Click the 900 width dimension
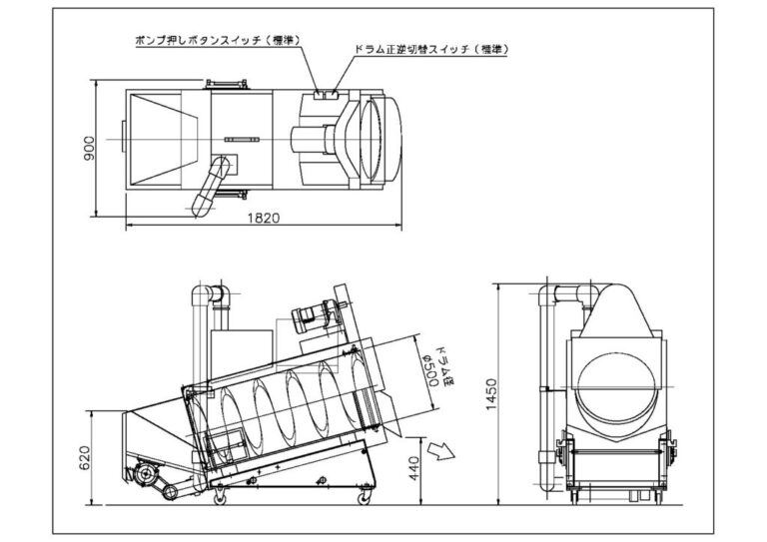point(89,149)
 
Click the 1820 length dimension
point(264,218)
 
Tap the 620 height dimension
point(85,457)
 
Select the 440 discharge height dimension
point(413,468)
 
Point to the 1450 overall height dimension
point(491,394)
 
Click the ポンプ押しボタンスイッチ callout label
point(217,40)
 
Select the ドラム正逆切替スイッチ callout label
point(430,50)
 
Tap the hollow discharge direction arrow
point(441,450)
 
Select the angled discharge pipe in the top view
point(212,186)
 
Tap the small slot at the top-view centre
point(242,140)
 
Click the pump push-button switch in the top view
point(320,94)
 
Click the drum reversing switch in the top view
point(333,94)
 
